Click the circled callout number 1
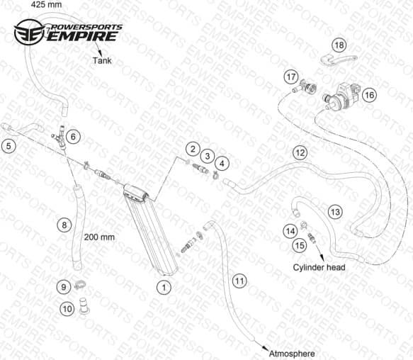164,287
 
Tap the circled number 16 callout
369,95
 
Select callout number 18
339,45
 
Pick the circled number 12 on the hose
300,153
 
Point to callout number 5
9,146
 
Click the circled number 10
67,308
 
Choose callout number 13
335,212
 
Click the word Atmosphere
292,354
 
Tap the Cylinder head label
319,267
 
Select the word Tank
102,61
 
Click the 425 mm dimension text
46,4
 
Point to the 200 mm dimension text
99,237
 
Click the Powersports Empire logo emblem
29,32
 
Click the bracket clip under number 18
338,60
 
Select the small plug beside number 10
84,306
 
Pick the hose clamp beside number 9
80,285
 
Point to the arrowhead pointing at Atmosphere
265,349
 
